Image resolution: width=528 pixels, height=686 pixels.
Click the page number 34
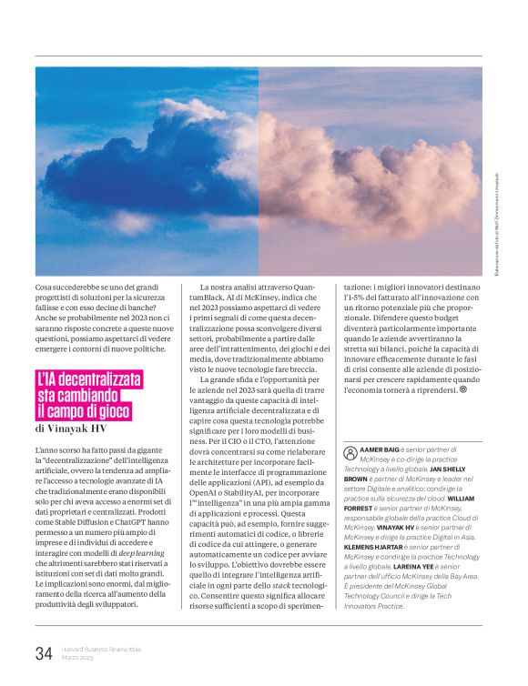click(44, 651)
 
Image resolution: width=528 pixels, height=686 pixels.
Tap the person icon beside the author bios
click(350, 451)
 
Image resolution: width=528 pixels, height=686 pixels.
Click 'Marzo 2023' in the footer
click(80, 657)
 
